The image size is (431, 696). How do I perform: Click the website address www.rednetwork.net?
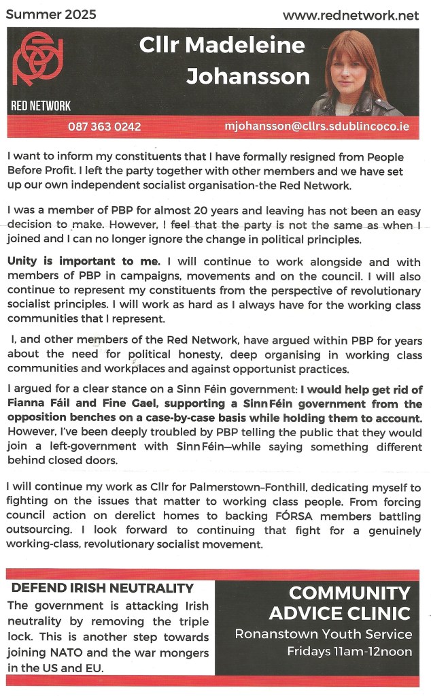click(351, 15)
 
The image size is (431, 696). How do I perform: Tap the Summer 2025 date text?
click(51, 14)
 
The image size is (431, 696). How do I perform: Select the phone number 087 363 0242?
click(104, 127)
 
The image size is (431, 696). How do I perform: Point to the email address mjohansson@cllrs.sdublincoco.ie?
click(317, 127)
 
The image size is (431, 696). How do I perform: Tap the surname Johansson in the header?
click(247, 77)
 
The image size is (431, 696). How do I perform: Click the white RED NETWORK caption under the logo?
click(41, 105)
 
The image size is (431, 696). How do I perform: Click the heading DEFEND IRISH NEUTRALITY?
click(103, 589)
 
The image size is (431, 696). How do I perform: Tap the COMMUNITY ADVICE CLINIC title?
click(340, 603)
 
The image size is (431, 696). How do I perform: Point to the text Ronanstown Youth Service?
click(324, 634)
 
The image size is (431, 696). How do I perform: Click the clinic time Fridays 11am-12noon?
click(340, 652)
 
